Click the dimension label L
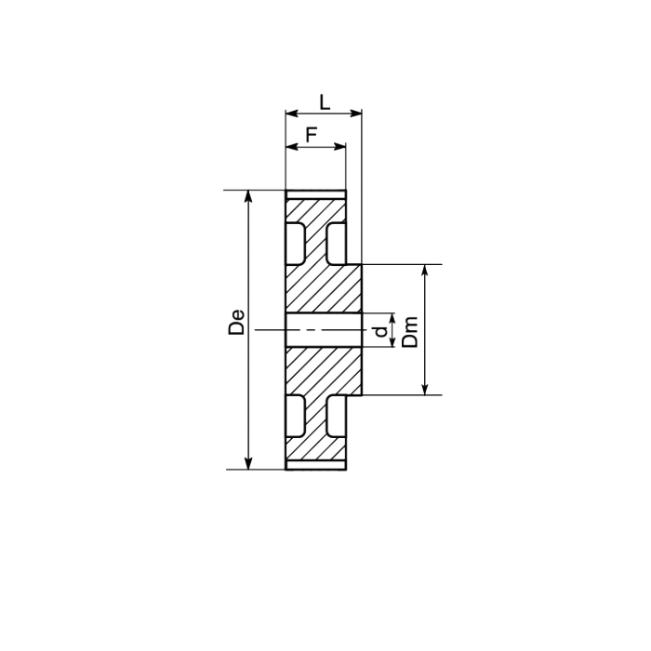tap(324, 100)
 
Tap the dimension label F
tap(312, 133)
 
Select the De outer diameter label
tap(237, 321)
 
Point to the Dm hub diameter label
tap(411, 330)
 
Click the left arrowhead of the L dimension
tap(290, 114)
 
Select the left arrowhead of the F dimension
tap(290, 146)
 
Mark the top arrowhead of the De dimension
tap(248, 196)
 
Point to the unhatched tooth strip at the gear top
tap(315, 194)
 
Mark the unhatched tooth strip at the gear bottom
tap(315, 465)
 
